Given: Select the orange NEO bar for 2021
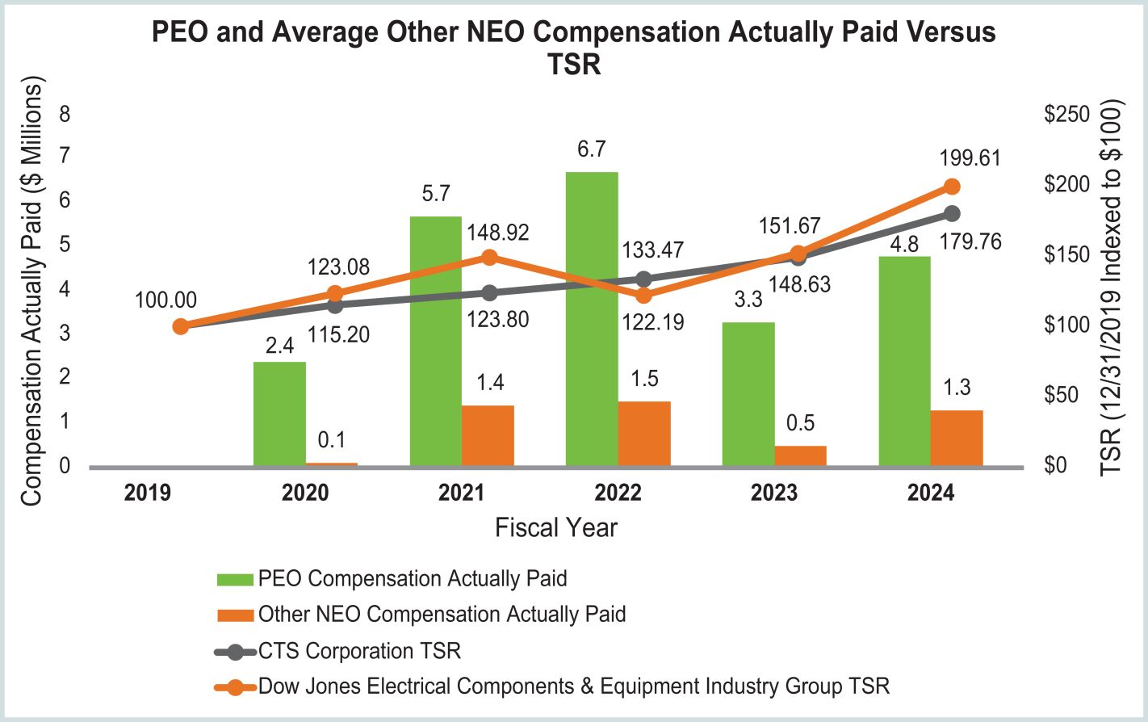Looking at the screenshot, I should pyautogui.click(x=488, y=435).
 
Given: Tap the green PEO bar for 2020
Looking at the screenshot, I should pyautogui.click(x=279, y=413).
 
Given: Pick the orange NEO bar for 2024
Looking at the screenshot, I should pyautogui.click(x=957, y=438).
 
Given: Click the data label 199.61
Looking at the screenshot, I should pyautogui.click(x=970, y=157).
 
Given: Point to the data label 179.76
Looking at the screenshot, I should pyautogui.click(x=970, y=241).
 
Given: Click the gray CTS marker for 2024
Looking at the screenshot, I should pyautogui.click(x=952, y=213).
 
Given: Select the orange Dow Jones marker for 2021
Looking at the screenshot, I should pyautogui.click(x=489, y=257).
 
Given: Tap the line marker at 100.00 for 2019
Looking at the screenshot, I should pyautogui.click(x=181, y=326).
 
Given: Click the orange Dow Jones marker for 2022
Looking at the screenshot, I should pyautogui.click(x=643, y=295).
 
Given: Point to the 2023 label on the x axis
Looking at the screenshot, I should pyautogui.click(x=773, y=493).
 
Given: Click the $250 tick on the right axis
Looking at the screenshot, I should pyautogui.click(x=1066, y=114).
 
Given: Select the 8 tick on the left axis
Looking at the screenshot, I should pyautogui.click(x=65, y=114).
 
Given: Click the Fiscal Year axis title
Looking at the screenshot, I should pyautogui.click(x=555, y=527).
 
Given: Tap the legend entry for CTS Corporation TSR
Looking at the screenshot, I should pyautogui.click(x=359, y=651).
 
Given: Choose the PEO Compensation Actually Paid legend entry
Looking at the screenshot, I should pyautogui.click(x=412, y=579).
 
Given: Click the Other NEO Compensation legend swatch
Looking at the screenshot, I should pyautogui.click(x=235, y=615).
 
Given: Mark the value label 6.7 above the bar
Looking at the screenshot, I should pyautogui.click(x=592, y=149).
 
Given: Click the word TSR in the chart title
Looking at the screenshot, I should pyautogui.click(x=574, y=64).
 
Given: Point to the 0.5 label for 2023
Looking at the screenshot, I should pyautogui.click(x=800, y=423).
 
